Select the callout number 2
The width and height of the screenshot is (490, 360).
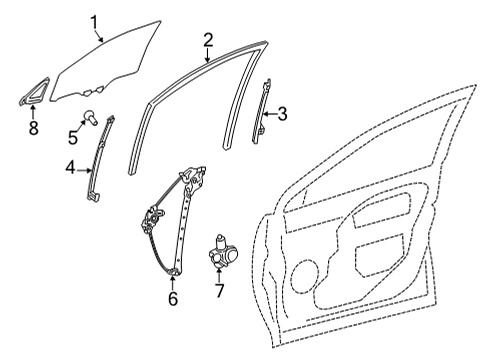(207, 40)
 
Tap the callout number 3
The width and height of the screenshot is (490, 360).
(284, 114)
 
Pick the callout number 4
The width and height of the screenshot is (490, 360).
(71, 171)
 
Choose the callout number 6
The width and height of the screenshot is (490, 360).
(173, 297)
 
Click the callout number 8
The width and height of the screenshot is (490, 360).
(32, 127)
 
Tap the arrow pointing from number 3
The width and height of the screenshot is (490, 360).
(271, 114)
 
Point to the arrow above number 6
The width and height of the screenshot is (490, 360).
(173, 281)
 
